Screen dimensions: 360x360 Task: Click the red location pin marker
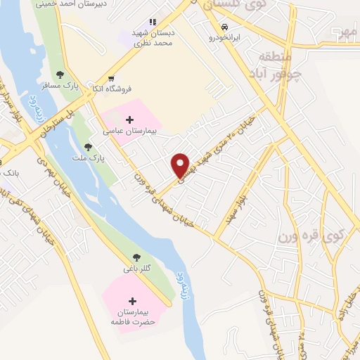[x=181, y=165]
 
